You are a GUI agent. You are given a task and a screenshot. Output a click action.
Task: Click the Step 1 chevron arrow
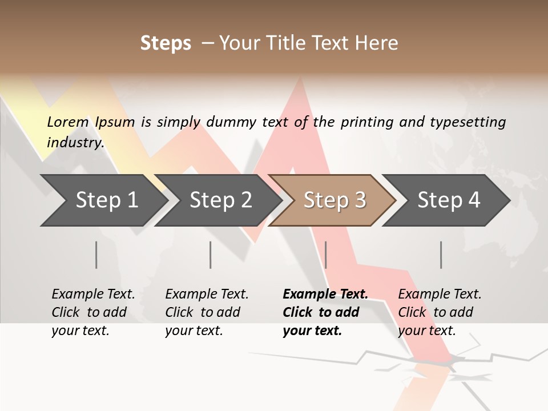click(x=103, y=200)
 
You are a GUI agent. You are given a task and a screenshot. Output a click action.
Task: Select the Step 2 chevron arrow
click(x=220, y=200)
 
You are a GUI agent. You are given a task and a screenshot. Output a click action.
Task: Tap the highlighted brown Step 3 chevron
click(x=334, y=200)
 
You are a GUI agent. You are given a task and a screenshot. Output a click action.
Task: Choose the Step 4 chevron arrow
click(x=448, y=200)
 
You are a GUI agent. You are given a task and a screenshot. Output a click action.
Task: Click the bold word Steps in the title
click(x=166, y=43)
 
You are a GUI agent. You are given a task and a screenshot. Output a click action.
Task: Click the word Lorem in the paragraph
click(x=68, y=122)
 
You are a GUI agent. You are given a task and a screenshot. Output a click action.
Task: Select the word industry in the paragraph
click(x=75, y=143)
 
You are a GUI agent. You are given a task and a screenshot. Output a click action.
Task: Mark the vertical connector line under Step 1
click(x=96, y=255)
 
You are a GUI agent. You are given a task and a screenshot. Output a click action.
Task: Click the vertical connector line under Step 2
click(x=211, y=255)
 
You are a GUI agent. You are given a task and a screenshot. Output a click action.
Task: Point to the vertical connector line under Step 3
click(x=325, y=255)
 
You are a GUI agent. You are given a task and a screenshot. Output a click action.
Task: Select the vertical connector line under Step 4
click(x=441, y=255)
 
